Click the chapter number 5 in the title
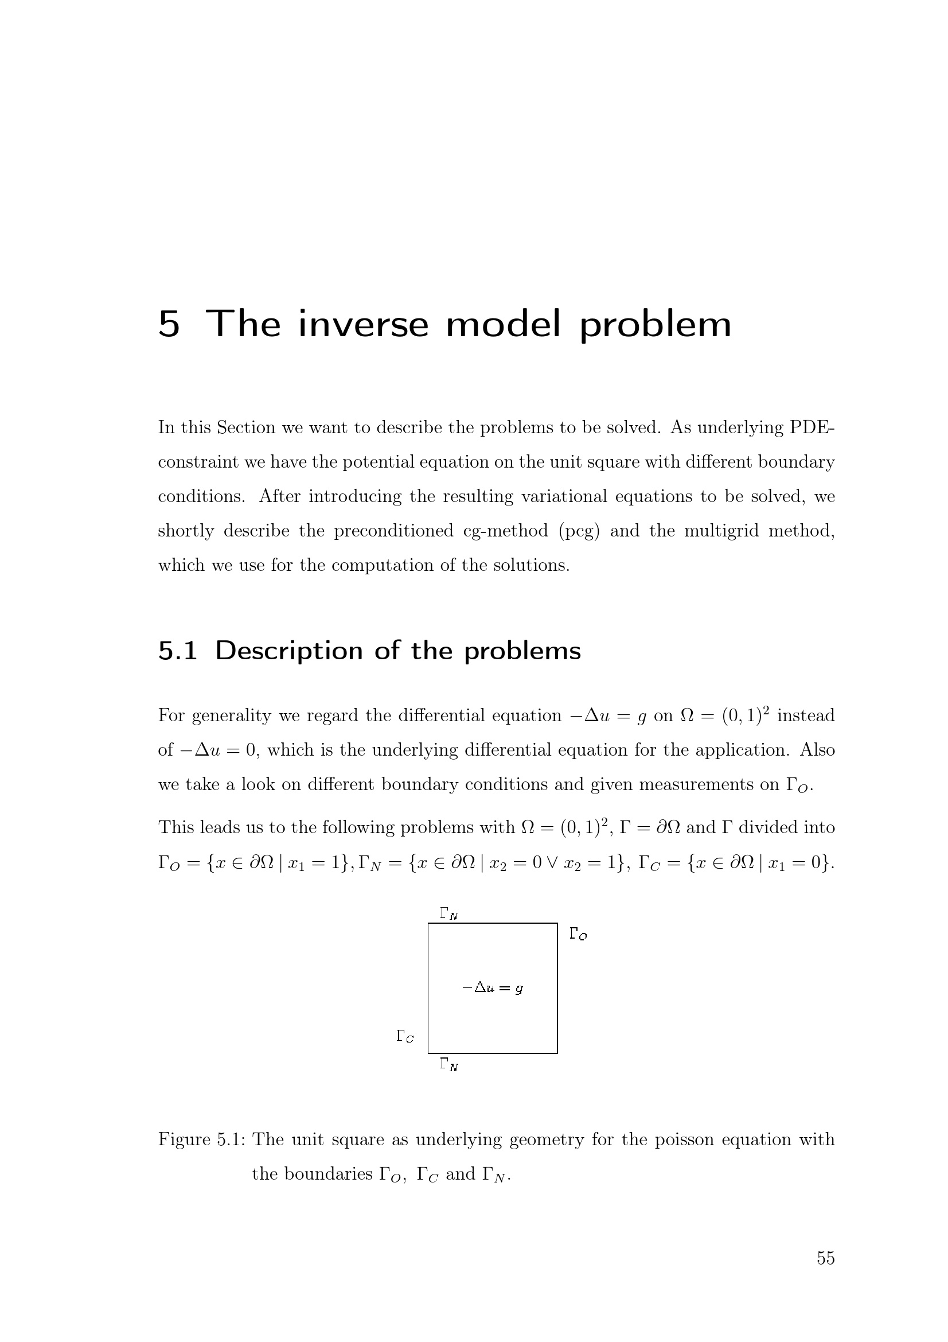pyautogui.click(x=168, y=324)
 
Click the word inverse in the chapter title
pyautogui.click(x=363, y=324)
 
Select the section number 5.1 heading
pyautogui.click(x=178, y=651)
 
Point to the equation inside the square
pyautogui.click(x=493, y=989)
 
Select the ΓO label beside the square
pyautogui.click(x=578, y=934)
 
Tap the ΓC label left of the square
pyautogui.click(x=405, y=1036)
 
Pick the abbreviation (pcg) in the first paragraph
pyautogui.click(x=579, y=531)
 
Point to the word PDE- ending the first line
pyautogui.click(x=812, y=427)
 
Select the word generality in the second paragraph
pyautogui.click(x=231, y=716)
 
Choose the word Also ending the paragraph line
pyautogui.click(x=817, y=750)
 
